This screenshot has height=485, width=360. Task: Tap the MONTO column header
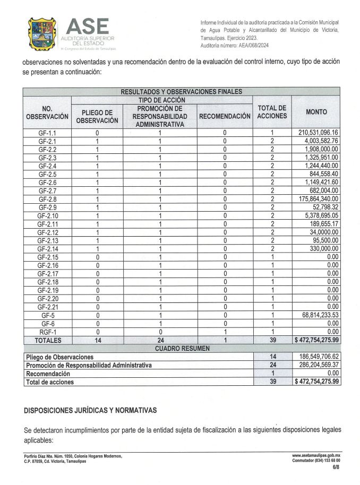click(316, 112)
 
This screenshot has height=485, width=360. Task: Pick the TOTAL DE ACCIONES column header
click(272, 112)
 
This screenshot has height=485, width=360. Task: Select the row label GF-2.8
click(47, 199)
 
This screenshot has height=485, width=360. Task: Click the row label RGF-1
click(47, 332)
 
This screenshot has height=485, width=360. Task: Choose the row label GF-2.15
click(47, 257)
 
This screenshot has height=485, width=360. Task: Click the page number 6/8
click(336, 467)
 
